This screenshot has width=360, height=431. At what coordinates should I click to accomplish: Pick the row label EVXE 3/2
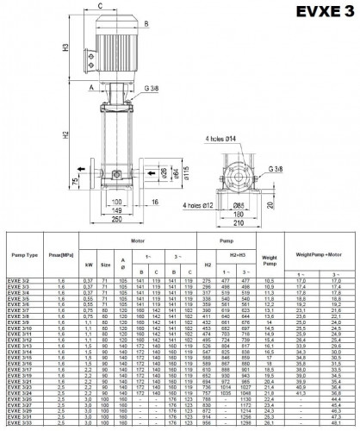click(x=19, y=280)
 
